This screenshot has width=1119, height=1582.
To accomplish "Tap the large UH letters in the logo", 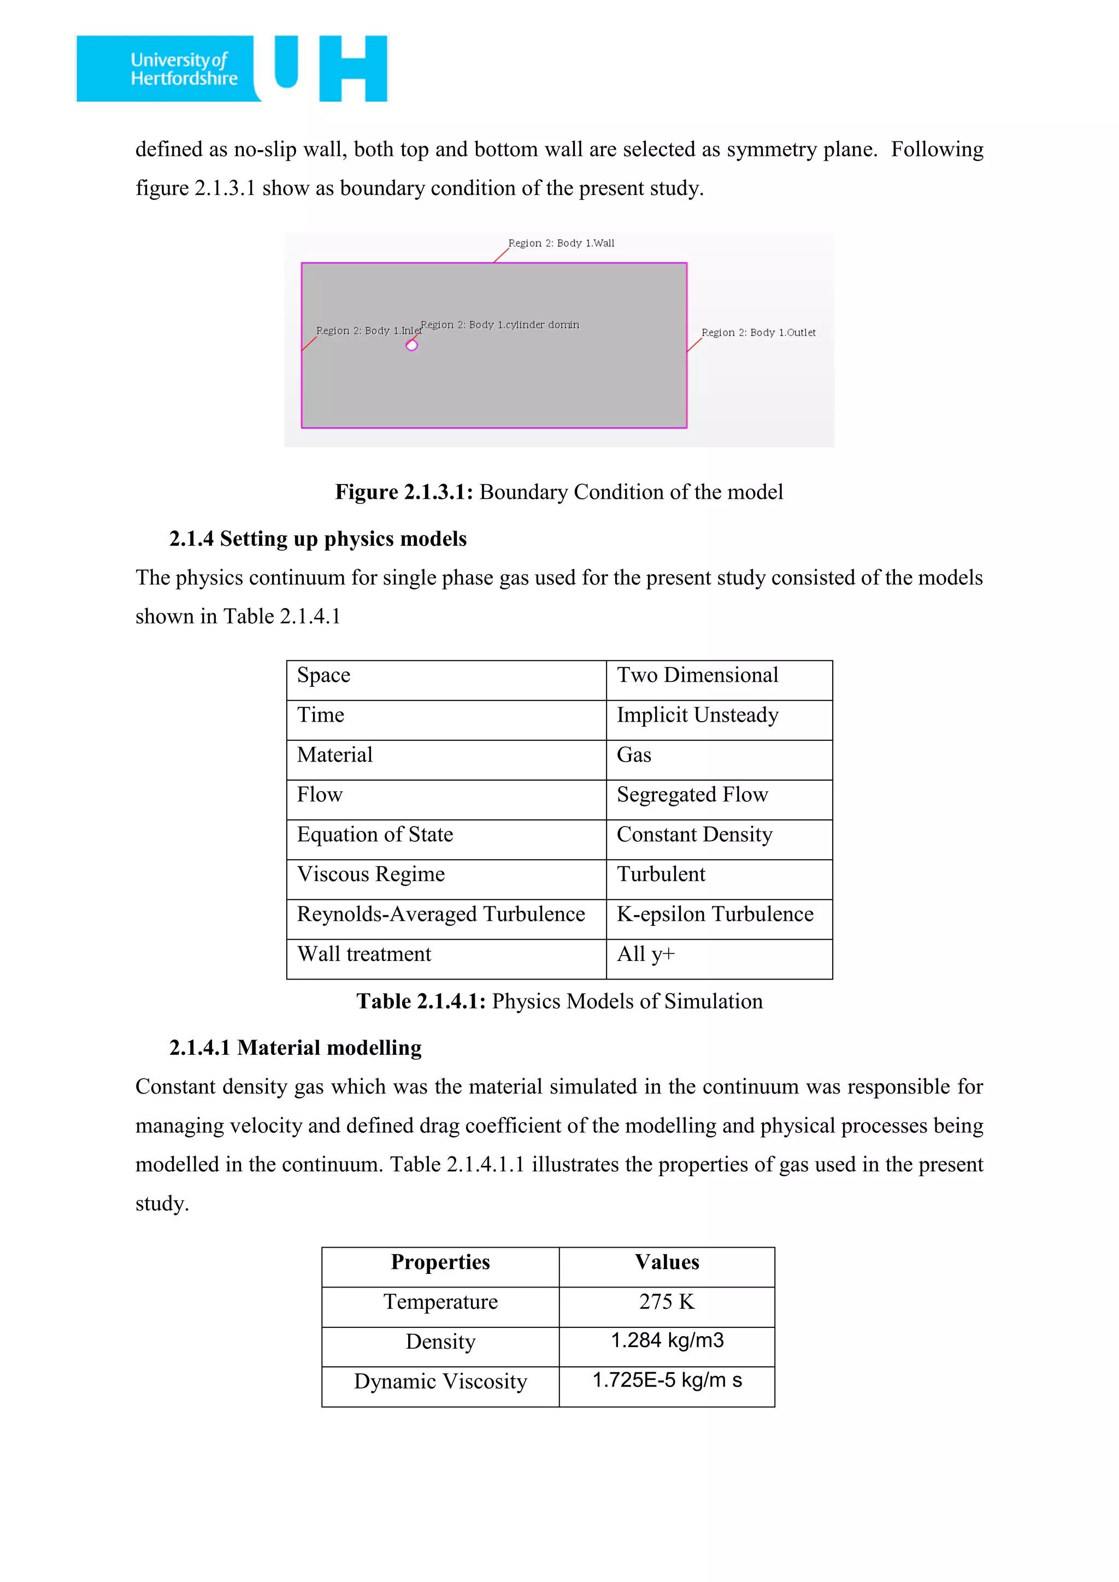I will (x=331, y=68).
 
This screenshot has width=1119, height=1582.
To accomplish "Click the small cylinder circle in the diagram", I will (x=411, y=345).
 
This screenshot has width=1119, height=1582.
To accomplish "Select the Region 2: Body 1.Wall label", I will (x=561, y=243).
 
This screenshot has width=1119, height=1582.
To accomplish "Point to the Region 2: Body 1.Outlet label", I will (x=758, y=333).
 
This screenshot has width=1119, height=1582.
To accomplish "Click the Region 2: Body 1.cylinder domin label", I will (x=499, y=324).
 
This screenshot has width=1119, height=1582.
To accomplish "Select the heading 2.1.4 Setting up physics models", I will (x=317, y=539).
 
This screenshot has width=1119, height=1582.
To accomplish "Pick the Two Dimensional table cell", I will (x=697, y=675).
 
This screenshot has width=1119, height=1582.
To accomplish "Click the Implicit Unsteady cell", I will (x=697, y=715).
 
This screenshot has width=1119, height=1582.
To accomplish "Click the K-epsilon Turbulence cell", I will (x=715, y=914).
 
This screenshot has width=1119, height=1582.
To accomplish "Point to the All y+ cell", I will (x=646, y=954).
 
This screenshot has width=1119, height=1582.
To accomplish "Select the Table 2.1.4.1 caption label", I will (x=420, y=1001).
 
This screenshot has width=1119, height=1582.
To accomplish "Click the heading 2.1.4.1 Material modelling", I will (x=295, y=1048).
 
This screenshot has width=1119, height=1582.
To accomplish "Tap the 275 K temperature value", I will (x=666, y=1302).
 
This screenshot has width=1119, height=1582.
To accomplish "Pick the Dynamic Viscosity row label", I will (x=440, y=1382).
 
